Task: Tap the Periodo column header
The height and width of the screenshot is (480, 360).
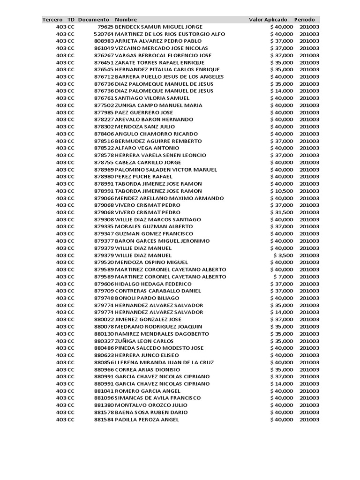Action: coord(304,20)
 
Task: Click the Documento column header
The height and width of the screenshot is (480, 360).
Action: coord(94,20)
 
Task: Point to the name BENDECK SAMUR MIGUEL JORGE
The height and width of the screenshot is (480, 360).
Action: coord(158,27)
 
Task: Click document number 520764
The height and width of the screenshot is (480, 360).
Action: coord(104,34)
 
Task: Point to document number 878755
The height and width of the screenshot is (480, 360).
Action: coord(104,163)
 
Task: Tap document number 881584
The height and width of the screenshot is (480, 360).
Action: coord(104,420)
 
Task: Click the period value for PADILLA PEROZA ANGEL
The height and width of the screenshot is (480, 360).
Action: coord(309,420)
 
